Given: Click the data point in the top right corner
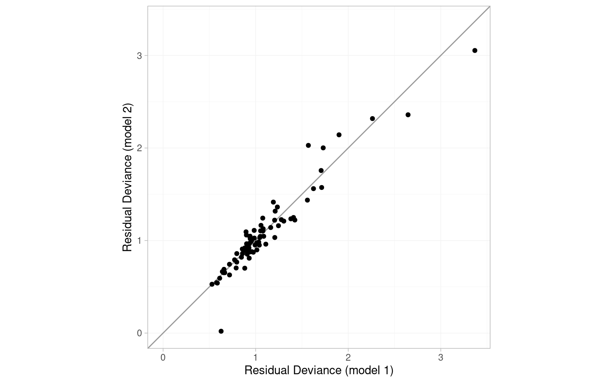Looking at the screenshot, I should pos(475,51).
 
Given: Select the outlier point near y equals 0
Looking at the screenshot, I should pos(221,331).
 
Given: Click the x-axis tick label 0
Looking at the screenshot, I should pos(163,357).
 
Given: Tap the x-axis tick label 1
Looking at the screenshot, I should pos(255,357).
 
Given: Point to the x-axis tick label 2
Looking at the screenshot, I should pos(348,357).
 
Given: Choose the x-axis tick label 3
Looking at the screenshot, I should pos(441,357).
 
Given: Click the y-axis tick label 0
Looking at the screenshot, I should pos(139,333).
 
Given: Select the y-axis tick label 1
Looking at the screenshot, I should pos(139,241).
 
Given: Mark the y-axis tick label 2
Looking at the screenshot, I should pos(139,148).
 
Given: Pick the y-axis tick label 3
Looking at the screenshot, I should pos(139,55).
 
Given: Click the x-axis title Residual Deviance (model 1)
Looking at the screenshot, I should pos(318,371).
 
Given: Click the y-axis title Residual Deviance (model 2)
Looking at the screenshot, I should pos(127,177).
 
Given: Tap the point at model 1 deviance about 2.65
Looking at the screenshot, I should pos(408,115).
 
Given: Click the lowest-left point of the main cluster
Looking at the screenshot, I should pos(212,284).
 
